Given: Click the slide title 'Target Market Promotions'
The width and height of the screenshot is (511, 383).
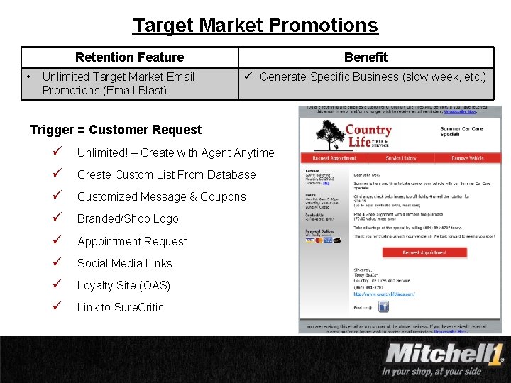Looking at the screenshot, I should coord(255,26).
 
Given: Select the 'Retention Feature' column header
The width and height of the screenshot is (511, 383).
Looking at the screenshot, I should coord(129,57).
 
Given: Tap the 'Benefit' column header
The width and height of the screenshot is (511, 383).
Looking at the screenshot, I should coord(366,57).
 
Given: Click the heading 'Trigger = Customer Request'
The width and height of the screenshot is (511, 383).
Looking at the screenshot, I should coord(116,130).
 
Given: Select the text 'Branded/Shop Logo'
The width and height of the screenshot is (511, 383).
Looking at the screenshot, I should coord(128,218).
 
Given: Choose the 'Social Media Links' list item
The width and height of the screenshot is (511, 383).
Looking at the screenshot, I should coord(124,263).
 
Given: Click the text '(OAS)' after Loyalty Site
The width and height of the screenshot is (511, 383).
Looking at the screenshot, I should coord(155,285).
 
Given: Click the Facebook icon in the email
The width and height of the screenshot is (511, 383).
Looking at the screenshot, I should coord(383,306).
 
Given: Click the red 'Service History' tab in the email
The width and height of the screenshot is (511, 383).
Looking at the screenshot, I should coord(402,158).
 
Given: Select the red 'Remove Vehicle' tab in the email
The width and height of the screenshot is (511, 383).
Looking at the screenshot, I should coord(468,158).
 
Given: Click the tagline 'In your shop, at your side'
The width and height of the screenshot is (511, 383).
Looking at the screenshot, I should coord(432,371).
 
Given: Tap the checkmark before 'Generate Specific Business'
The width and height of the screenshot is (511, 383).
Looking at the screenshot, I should coord(249,77).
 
